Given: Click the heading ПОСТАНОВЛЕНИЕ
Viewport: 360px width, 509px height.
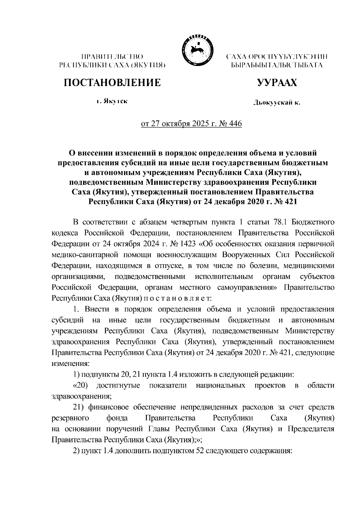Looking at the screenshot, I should point(111,82).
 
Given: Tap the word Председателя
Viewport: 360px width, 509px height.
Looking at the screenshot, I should point(310,429).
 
